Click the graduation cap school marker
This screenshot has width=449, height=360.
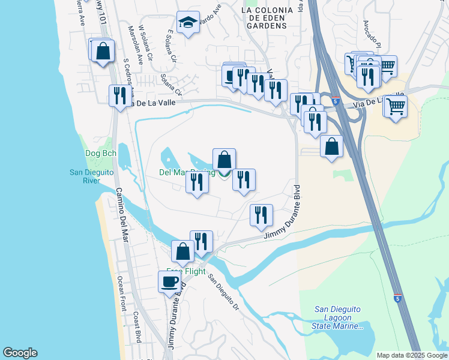[x=188, y=23]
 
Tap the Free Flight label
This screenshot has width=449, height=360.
[x=186, y=271]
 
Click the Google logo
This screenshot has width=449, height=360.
[x=20, y=353]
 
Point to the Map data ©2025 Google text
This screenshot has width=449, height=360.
[x=411, y=355]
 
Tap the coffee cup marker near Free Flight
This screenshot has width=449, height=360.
[x=169, y=281]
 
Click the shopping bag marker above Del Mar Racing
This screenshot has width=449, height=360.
[x=224, y=159]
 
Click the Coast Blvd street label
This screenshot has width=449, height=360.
[x=137, y=326]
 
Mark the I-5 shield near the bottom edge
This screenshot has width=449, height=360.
[x=397, y=298]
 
